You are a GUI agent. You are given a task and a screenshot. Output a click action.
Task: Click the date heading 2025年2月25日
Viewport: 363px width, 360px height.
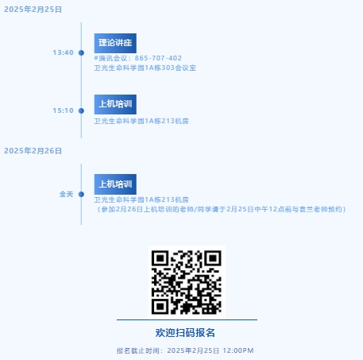coord(33,10)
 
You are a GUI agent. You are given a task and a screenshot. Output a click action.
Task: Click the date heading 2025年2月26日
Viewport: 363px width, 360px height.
coord(33,151)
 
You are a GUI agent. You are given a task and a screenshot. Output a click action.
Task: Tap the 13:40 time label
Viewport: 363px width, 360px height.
coord(63,52)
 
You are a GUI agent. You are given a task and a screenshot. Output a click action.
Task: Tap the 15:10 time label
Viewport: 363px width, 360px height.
coord(63,110)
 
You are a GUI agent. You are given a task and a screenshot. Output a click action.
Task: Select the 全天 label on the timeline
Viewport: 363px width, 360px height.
coord(66,194)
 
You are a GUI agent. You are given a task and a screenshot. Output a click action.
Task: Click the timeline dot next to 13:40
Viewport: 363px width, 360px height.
coord(81,52)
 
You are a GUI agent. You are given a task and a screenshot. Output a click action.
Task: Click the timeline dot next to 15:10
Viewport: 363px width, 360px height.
coord(81,110)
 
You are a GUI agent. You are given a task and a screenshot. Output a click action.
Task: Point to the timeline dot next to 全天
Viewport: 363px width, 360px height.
coord(81,194)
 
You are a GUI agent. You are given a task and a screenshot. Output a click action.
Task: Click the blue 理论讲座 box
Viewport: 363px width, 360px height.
coord(115,43)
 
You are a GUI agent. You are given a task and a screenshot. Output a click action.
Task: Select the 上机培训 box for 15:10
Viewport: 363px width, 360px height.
coord(115,104)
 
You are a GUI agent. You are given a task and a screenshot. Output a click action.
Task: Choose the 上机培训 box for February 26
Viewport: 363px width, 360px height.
coord(115,184)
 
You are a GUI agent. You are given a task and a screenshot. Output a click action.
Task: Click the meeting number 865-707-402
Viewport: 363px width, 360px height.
coord(158,58)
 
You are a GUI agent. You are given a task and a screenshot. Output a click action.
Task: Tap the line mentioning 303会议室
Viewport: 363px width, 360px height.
coord(145,68)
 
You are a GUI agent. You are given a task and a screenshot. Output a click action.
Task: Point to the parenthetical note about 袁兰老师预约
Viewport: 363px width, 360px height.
coord(220,209)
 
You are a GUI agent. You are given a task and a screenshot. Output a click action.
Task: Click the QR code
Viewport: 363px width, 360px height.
coord(187,282)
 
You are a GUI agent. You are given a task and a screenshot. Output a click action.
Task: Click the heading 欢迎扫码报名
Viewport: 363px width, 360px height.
coord(185,333)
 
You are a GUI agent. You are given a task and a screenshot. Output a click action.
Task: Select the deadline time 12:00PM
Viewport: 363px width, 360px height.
coord(238,350)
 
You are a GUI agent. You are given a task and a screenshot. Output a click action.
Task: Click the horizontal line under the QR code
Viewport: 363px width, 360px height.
coord(187,320)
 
